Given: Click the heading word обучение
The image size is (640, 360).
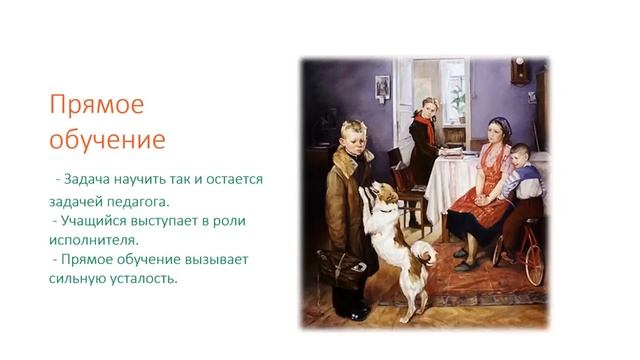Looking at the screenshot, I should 109,137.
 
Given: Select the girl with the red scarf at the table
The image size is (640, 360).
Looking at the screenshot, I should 426,135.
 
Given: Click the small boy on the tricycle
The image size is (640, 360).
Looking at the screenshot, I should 517,185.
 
